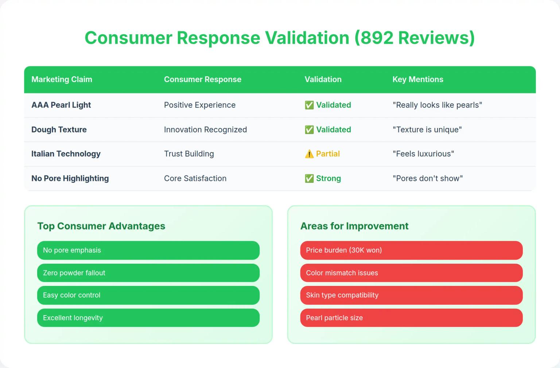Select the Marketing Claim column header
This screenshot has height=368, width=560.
(62, 80)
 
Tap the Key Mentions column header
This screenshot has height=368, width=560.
(418, 80)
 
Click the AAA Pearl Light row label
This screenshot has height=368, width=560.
(61, 105)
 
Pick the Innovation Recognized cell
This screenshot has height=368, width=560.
(205, 130)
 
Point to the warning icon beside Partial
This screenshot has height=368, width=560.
(309, 154)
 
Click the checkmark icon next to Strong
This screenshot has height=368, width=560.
(309, 179)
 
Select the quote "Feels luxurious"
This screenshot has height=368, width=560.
(423, 154)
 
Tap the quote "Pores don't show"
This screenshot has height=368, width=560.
(428, 179)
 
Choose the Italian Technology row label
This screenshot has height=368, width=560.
(66, 154)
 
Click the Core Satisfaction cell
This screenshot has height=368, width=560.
(195, 179)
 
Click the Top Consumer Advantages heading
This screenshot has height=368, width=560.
(101, 226)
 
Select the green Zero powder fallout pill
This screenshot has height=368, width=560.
(148, 273)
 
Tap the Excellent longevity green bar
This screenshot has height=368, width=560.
(148, 318)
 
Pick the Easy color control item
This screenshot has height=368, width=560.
(148, 295)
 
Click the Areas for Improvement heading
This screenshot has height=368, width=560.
(354, 226)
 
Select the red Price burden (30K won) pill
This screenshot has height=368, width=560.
(411, 250)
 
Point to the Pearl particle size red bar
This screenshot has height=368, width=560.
(411, 318)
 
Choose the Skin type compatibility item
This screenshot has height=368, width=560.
(411, 295)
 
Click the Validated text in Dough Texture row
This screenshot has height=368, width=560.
(333, 130)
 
